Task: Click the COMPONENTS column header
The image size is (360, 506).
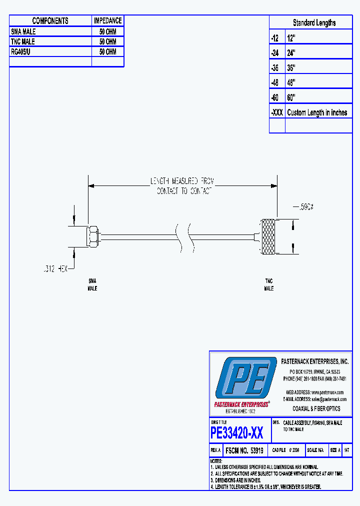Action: pos(50,20)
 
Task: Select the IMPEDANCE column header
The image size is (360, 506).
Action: pos(107,20)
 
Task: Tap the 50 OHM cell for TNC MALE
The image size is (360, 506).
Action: pos(107,41)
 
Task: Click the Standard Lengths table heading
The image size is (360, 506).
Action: pos(314,22)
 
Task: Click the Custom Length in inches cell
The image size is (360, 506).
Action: pos(317,112)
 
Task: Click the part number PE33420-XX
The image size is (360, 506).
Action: pos(237,432)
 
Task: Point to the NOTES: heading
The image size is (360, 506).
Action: pos(216,461)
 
